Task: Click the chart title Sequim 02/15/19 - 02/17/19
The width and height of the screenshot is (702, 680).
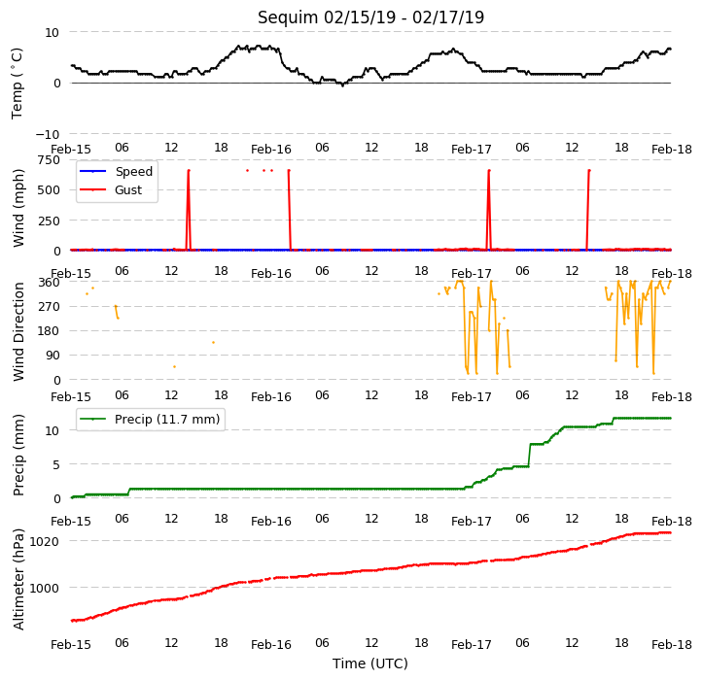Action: pyautogui.click(x=370, y=17)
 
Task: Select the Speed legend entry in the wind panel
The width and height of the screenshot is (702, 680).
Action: pyautogui.click(x=116, y=171)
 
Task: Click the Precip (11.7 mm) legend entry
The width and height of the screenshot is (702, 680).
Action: pyautogui.click(x=150, y=420)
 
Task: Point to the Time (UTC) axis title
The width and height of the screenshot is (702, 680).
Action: pyautogui.click(x=370, y=663)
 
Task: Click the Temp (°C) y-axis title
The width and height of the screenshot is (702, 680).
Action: pyautogui.click(x=17, y=84)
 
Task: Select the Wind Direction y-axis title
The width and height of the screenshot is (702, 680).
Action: pyautogui.click(x=18, y=331)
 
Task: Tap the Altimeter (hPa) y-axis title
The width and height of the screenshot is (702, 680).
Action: pyautogui.click(x=18, y=579)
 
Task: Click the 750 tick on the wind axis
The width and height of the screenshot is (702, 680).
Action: pyautogui.click(x=50, y=160)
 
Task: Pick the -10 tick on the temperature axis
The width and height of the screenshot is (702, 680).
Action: pyautogui.click(x=48, y=134)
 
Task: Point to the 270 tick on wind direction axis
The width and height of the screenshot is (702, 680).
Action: pyautogui.click(x=50, y=307)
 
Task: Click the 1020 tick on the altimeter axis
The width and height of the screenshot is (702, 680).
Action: pyautogui.click(x=44, y=542)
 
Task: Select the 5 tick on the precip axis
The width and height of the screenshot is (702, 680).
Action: pyautogui.click(x=56, y=464)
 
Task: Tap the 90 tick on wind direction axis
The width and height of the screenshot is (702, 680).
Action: pyautogui.click(x=53, y=356)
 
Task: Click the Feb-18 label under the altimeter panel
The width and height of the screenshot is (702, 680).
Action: pyautogui.click(x=672, y=645)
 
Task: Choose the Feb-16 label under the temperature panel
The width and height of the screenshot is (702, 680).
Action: pyautogui.click(x=271, y=150)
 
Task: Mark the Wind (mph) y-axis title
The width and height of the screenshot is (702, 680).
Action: pyautogui.click(x=18, y=208)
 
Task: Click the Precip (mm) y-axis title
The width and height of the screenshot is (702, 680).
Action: pyautogui.click(x=18, y=455)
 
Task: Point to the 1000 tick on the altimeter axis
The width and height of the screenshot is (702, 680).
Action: pyautogui.click(x=44, y=589)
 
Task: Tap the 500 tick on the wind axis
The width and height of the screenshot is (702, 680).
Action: pyautogui.click(x=50, y=190)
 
